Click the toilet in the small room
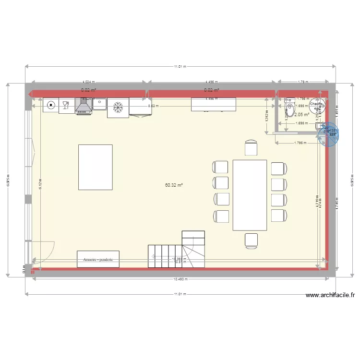pyautogui.click(x=289, y=108)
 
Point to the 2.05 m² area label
pyautogui.click(x=301, y=115)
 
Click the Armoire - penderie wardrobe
pyautogui.click(x=98, y=259)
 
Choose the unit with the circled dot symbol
pyautogui.click(x=50, y=105)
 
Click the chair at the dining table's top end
pyautogui.click(x=251, y=148)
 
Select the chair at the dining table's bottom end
pyautogui.click(x=251, y=240)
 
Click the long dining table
pyautogui.click(x=250, y=195)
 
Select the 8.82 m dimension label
pyautogui.click(x=153, y=106)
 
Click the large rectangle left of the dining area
pyautogui.click(x=95, y=167)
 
